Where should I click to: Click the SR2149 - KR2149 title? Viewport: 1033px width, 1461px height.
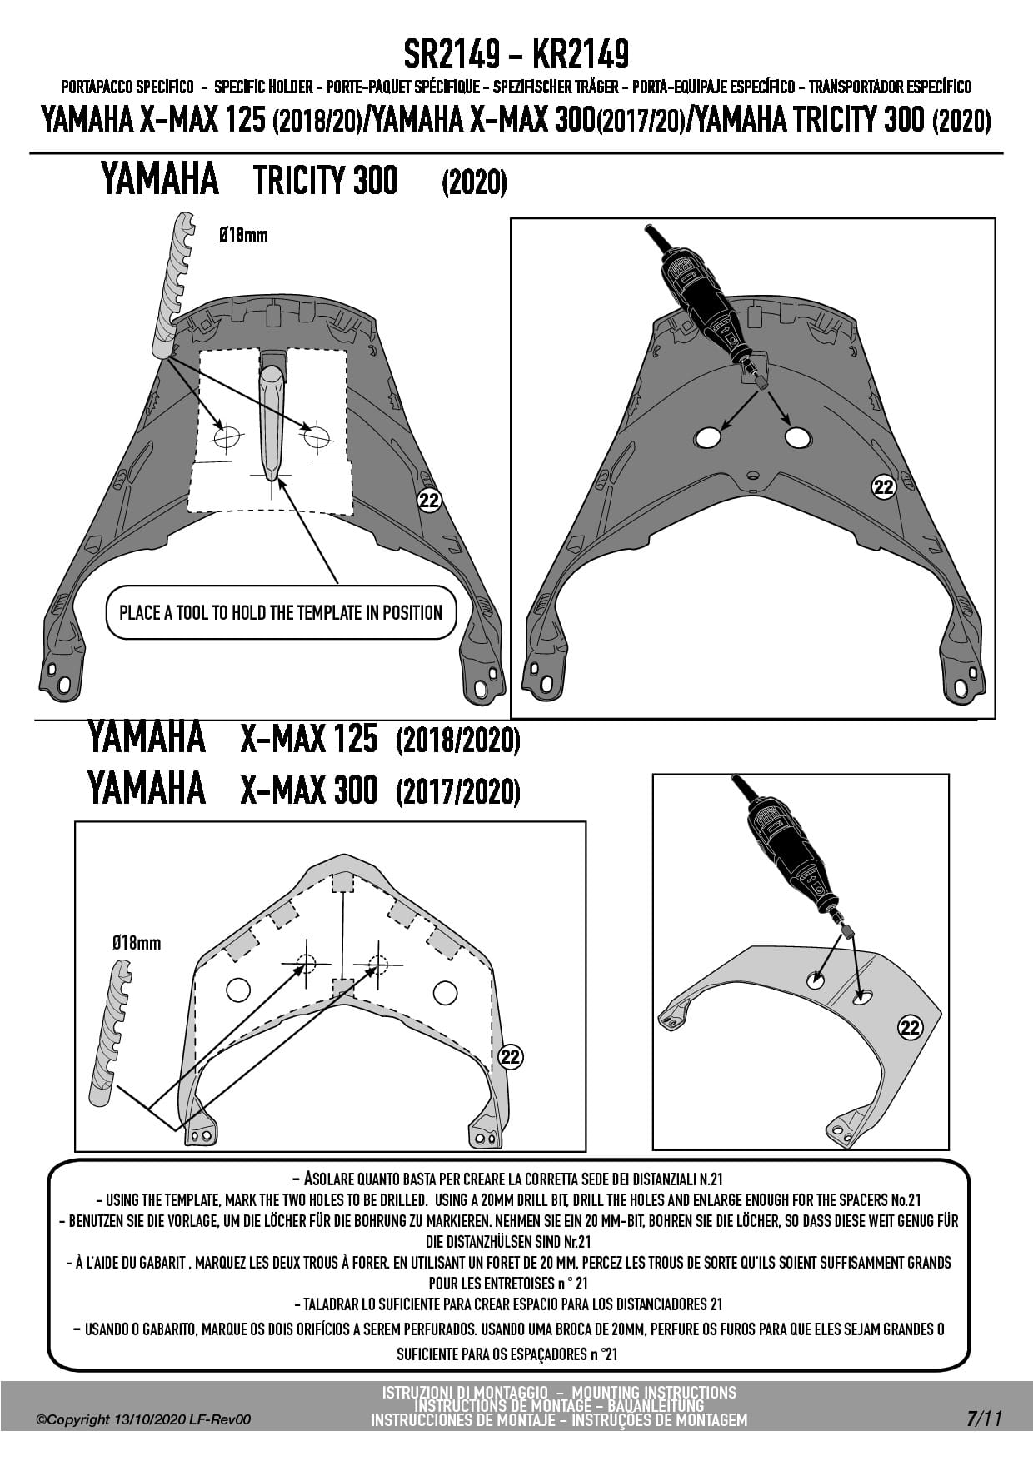516,56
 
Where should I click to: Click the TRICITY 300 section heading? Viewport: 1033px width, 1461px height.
325,180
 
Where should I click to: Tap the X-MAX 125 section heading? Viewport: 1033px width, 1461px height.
308,738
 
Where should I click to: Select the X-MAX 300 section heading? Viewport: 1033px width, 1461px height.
308,789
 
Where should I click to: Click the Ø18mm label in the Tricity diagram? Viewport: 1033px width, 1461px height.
243,235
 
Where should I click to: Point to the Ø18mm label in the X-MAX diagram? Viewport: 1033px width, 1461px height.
137,943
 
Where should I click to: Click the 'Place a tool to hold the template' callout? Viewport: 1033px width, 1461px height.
281,613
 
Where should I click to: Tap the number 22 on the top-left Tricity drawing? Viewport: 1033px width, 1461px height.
429,501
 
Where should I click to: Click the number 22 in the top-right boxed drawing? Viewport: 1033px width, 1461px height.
883,487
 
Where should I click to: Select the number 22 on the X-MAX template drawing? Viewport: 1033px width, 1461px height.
510,1057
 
